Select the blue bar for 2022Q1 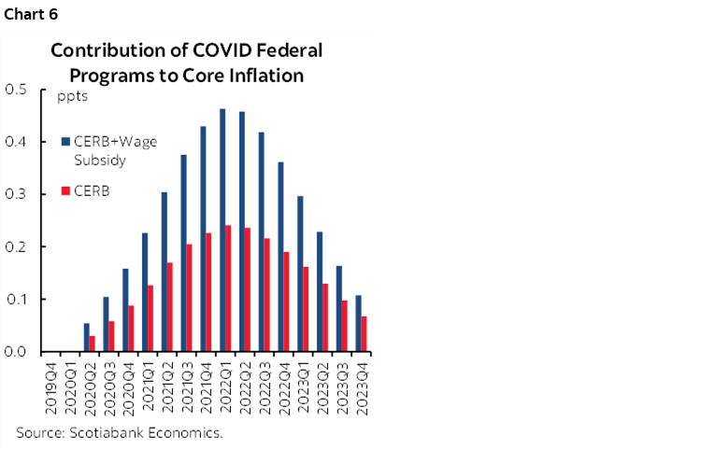pyautogui.click(x=222, y=230)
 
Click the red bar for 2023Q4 pyautogui.click(x=364, y=333)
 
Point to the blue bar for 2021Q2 pyautogui.click(x=164, y=272)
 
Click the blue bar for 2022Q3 pyautogui.click(x=261, y=242)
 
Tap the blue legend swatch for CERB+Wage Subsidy pyautogui.click(x=64, y=142)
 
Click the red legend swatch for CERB pyautogui.click(x=64, y=190)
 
